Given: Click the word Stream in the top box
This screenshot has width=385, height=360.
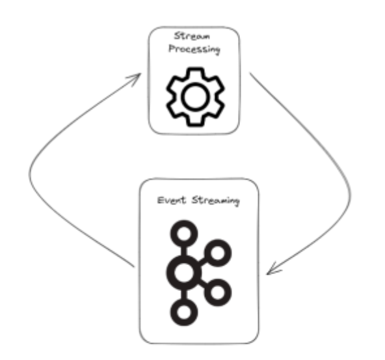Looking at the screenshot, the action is tap(192, 36).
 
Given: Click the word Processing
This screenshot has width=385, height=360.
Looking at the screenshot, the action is tap(194, 49).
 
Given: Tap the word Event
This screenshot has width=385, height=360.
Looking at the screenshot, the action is tap(172, 200).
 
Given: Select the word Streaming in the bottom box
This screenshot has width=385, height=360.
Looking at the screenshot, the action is tap(215, 201).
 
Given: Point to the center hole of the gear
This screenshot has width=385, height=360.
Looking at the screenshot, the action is tap(196, 97).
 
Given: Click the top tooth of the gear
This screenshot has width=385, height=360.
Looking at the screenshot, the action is tap(196, 73).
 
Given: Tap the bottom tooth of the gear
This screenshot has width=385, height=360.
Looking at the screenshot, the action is tap(196, 121).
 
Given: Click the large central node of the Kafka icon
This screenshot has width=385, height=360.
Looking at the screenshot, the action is tap(184, 273).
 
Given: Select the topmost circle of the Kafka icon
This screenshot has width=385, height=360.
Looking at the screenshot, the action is tap(184, 234).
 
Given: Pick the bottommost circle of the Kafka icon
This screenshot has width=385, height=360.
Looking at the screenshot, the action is tap(184, 312).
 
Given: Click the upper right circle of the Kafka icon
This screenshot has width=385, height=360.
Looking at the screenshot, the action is tap(218, 253).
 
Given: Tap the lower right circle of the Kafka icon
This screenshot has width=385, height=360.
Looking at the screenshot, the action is tap(218, 292).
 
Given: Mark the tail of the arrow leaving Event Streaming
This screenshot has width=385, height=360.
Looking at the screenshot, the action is tap(134, 267).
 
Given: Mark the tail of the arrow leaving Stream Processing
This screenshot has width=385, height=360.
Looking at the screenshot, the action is tap(250, 73).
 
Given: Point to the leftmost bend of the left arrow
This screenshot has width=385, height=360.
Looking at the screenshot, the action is tap(30, 172).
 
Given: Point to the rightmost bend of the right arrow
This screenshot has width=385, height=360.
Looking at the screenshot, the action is tap(351, 194).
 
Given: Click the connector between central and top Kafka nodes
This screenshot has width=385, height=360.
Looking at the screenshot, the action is tap(184, 251).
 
